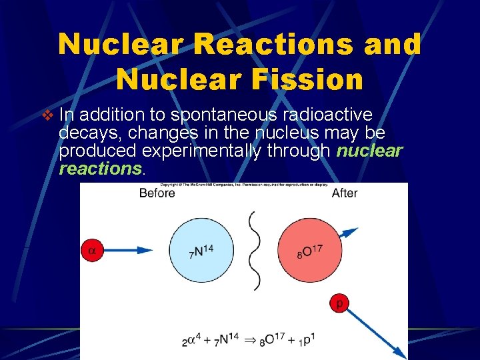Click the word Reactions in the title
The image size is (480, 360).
pyautogui.click(x=263, y=45)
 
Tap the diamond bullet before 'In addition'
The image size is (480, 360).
pyautogui.click(x=47, y=115)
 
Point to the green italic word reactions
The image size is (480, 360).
pyautogui.click(x=100, y=169)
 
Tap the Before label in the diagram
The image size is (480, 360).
pyautogui.click(x=157, y=193)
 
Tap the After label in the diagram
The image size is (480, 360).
pyautogui.click(x=345, y=193)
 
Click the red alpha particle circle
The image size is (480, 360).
pyautogui.click(x=93, y=251)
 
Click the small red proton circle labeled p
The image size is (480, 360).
pyautogui.click(x=339, y=304)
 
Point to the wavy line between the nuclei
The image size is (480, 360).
pyautogui.click(x=255, y=251)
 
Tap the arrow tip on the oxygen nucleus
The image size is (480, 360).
pyautogui.click(x=349, y=233)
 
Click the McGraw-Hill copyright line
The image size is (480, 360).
pyautogui.click(x=243, y=184)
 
